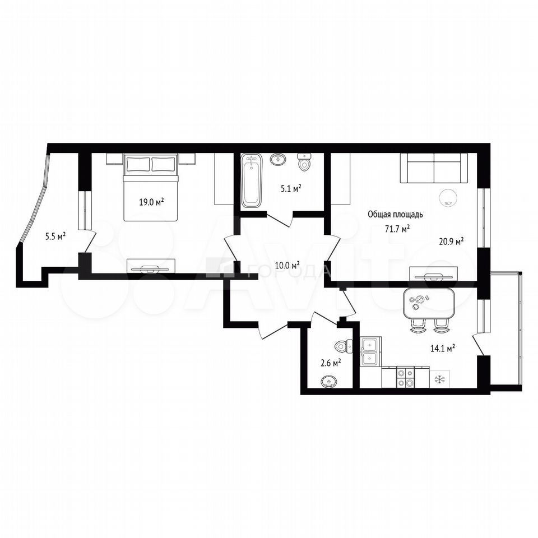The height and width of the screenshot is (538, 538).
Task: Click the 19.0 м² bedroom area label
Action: [x=151, y=202]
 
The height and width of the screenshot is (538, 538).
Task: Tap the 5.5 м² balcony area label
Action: [x=55, y=236]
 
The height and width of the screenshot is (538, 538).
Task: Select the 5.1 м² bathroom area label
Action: [x=291, y=188]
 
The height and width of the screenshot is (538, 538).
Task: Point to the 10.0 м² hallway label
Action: [x=287, y=265]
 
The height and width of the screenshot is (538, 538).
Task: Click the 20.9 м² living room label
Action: [x=452, y=241]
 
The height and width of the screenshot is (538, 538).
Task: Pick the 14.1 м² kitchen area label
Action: [x=443, y=349]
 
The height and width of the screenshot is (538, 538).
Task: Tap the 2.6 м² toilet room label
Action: [x=331, y=363]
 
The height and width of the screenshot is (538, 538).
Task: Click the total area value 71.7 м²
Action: [x=398, y=229]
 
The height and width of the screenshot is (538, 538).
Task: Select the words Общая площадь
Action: [x=395, y=215]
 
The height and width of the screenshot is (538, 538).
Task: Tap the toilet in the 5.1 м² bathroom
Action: [x=304, y=162]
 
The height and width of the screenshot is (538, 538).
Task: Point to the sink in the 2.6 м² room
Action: [x=329, y=381]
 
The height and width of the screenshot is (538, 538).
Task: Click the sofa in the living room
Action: [x=434, y=168]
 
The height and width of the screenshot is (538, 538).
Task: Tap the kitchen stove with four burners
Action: [x=406, y=377]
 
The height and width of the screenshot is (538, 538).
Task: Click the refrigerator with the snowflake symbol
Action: [x=439, y=379]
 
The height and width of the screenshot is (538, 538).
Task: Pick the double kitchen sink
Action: [x=370, y=351]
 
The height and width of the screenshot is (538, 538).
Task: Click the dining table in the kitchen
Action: [x=429, y=303]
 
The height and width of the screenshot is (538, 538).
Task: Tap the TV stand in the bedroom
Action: [x=151, y=266]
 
